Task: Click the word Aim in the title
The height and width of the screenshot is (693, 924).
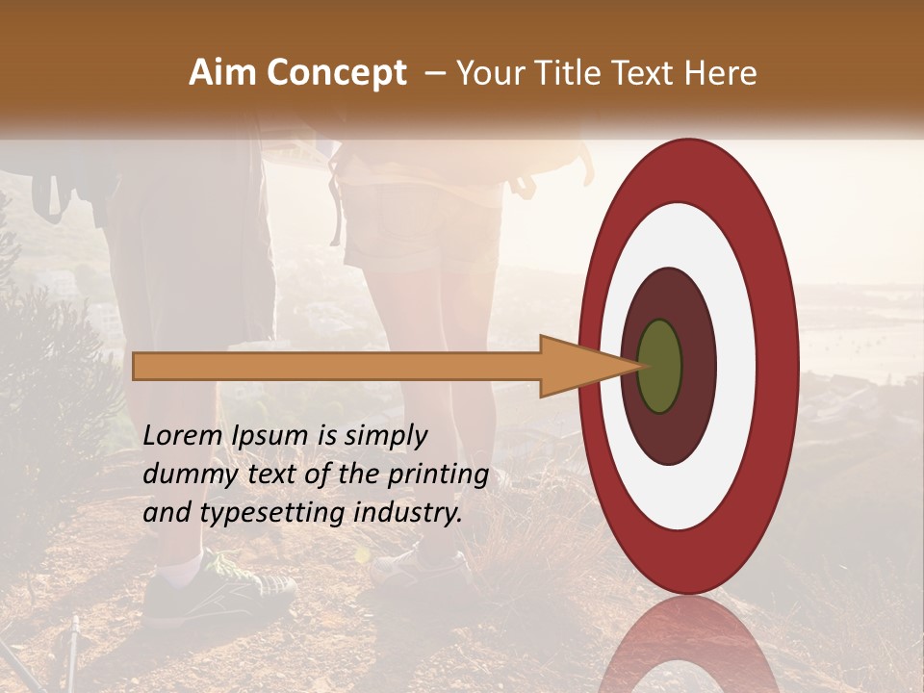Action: pos(223,73)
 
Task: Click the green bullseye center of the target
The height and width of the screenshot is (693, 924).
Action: pos(659,366)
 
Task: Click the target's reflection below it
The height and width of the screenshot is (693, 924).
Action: pos(687,645)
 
